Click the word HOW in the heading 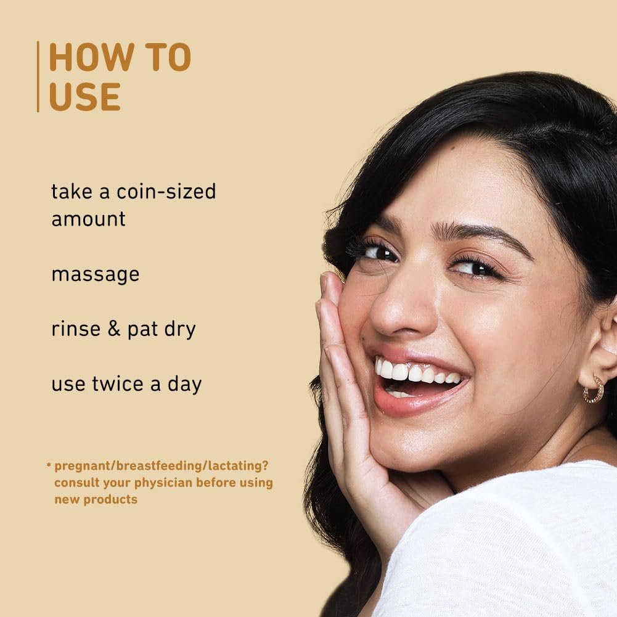tap(92, 57)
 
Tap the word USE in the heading tap(84, 96)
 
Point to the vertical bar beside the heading tap(38, 76)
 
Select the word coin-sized tap(166, 192)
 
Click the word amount tap(89, 219)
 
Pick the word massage tap(96, 275)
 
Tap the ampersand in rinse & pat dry tap(113, 329)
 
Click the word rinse tap(76, 329)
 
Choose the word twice tap(118, 383)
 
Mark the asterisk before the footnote tap(49, 466)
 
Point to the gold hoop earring tap(594, 390)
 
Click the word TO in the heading tap(168, 57)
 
